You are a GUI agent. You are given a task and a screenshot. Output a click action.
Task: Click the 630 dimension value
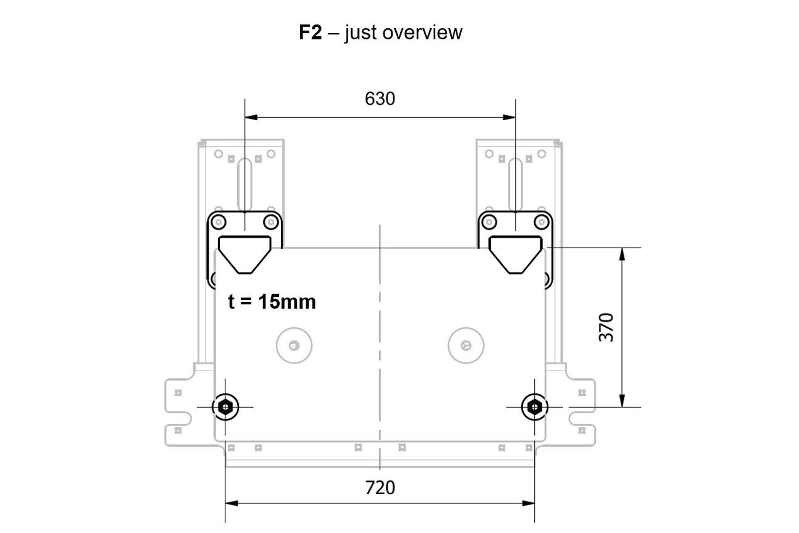click(380, 99)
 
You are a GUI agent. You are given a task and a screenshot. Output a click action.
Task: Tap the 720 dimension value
click(380, 488)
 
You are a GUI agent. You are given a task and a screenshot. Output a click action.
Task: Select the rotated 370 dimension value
click(606, 327)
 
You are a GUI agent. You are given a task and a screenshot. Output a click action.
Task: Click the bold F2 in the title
click(310, 32)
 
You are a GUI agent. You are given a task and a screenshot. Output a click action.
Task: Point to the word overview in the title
click(422, 32)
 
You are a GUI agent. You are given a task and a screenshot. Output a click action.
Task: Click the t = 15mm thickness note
click(272, 301)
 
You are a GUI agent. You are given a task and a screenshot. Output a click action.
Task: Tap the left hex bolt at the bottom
click(225, 407)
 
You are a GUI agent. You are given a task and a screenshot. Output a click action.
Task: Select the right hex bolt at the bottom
click(535, 407)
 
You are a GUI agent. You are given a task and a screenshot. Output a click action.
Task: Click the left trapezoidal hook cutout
click(245, 254)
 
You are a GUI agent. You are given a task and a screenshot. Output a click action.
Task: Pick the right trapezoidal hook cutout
click(516, 254)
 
